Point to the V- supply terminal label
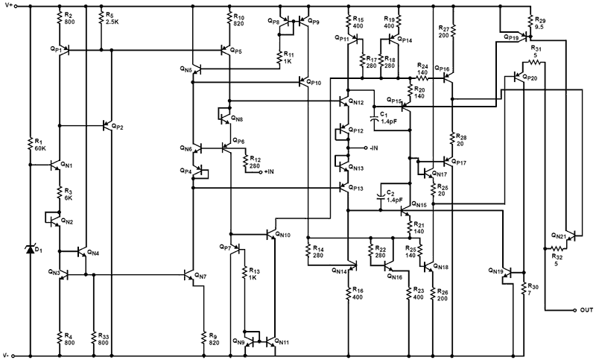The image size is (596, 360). (x=8, y=353)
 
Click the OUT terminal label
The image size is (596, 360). (x=585, y=309)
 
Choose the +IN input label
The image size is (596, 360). (x=267, y=171)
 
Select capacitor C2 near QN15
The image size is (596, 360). (x=381, y=195)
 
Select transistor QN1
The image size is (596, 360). (x=57, y=165)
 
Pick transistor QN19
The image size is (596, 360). (x=507, y=273)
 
